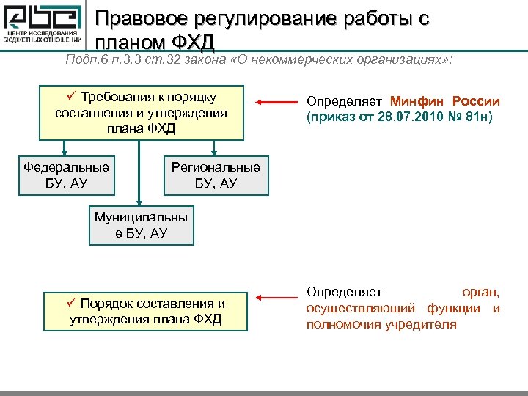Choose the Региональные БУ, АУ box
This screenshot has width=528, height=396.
pos(216,175)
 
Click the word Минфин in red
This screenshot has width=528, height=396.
pos(417,101)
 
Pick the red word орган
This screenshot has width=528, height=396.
pos(480,292)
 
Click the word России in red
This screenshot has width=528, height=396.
pos(476,101)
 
